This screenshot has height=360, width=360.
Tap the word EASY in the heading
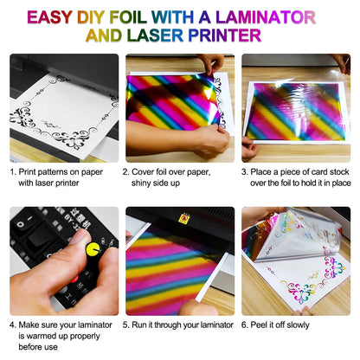coord(56,16)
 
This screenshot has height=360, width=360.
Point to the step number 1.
coord(14,171)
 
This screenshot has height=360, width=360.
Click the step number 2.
coord(130,171)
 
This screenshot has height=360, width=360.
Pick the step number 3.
coord(246,171)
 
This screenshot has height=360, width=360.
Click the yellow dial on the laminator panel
coord(93,251)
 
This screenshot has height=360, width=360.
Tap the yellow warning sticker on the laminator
coord(183,219)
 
